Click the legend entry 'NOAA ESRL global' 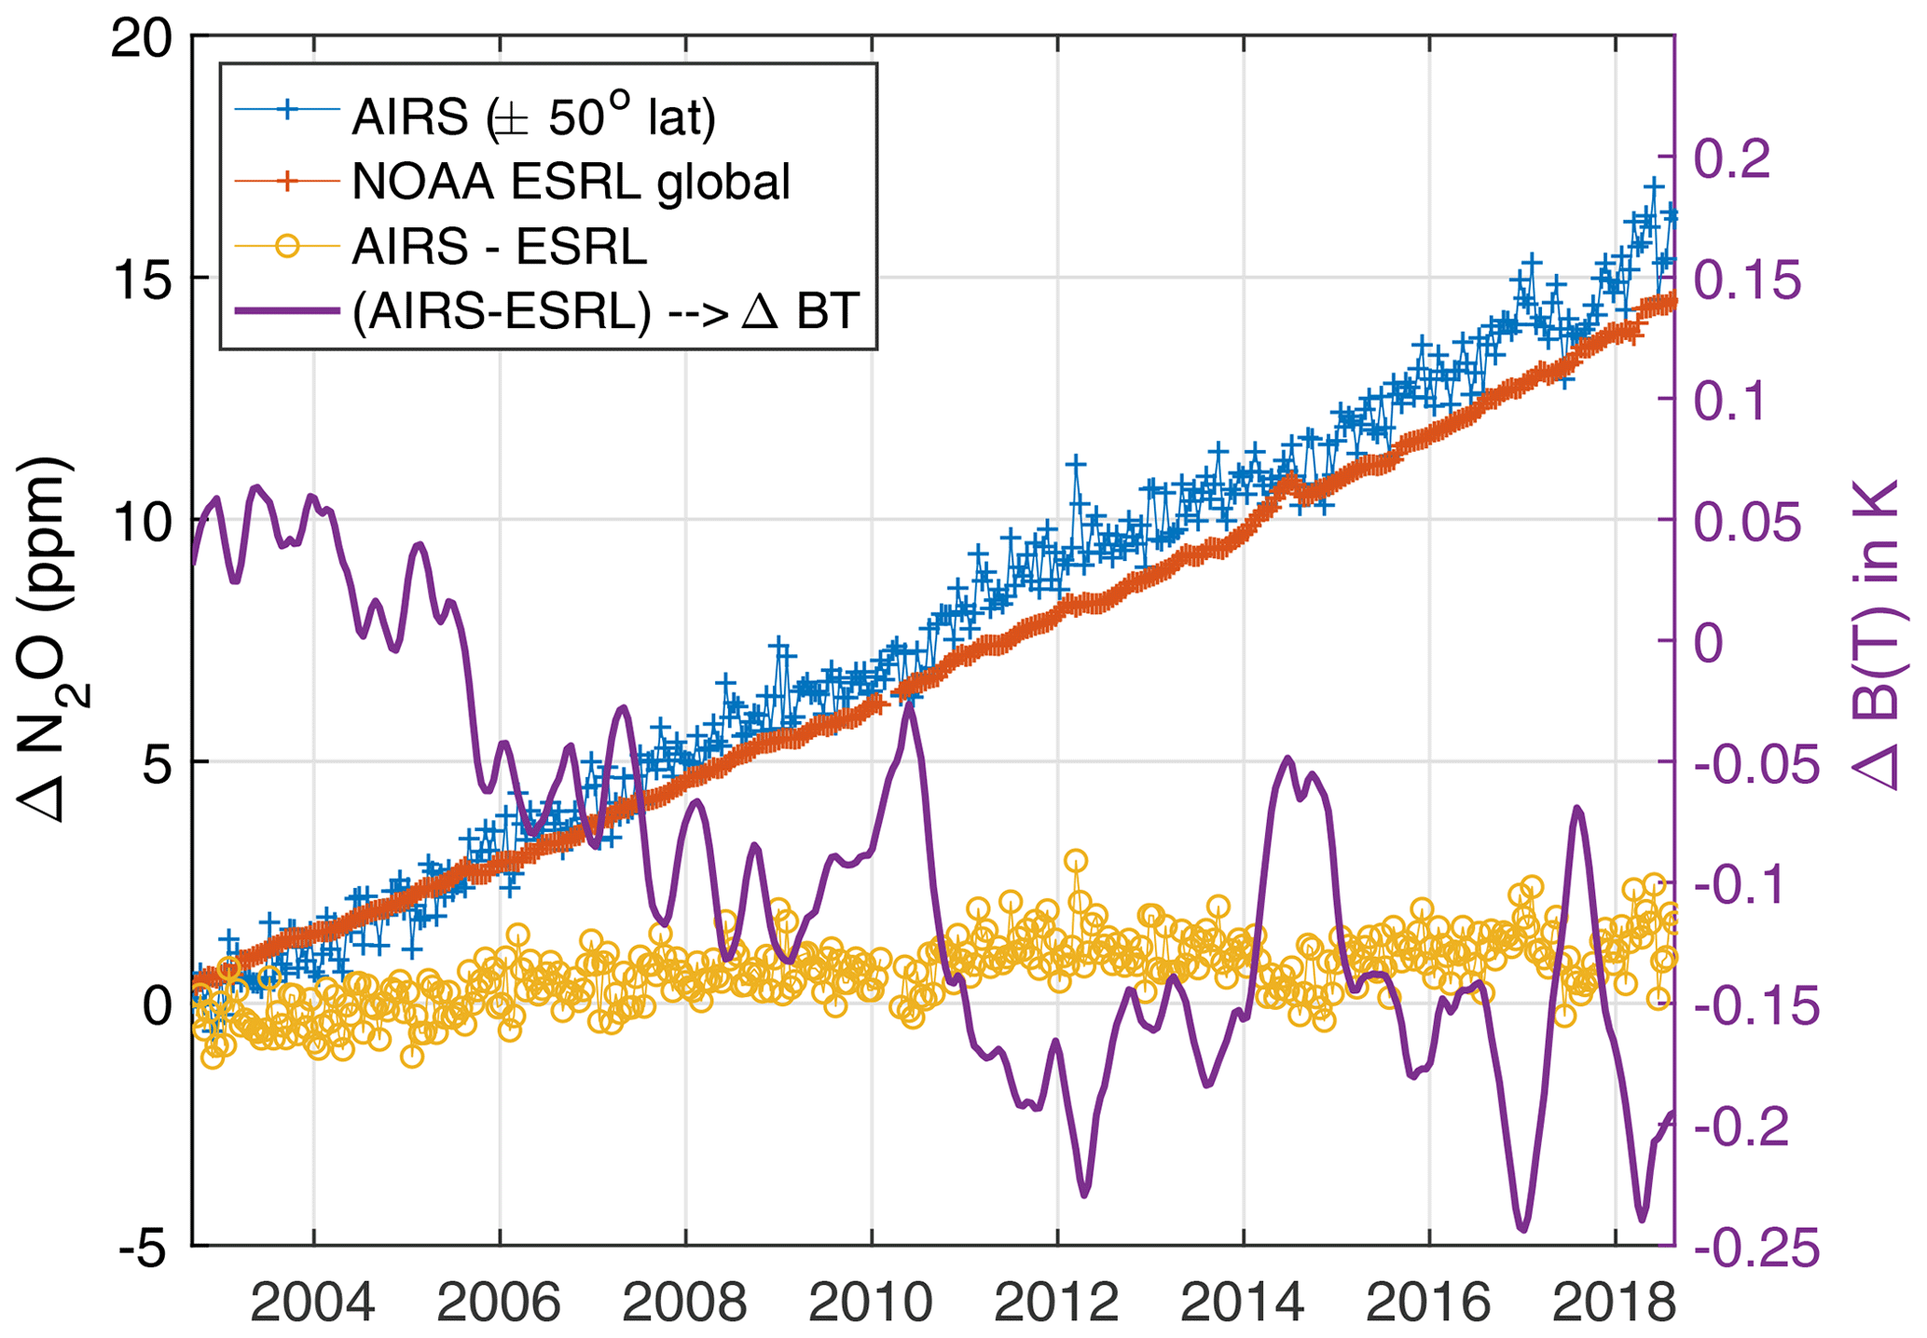pos(571,182)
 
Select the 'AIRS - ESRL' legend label pos(499,247)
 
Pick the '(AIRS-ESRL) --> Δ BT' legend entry pos(605,312)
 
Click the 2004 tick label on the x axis pos(313,1302)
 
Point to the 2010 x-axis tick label pos(871,1302)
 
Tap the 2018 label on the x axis pos(1615,1302)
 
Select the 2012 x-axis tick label pos(1056,1302)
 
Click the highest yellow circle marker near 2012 pos(1076,860)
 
